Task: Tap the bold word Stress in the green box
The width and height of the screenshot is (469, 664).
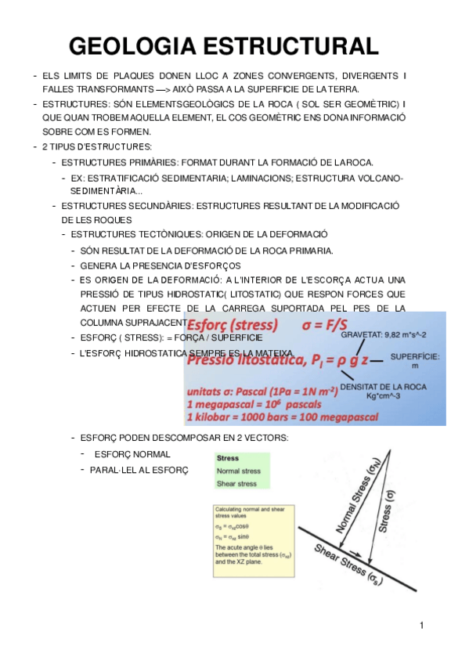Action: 228,458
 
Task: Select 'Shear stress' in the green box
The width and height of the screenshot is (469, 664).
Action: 236,483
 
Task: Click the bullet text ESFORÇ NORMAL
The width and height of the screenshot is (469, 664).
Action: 132,454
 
